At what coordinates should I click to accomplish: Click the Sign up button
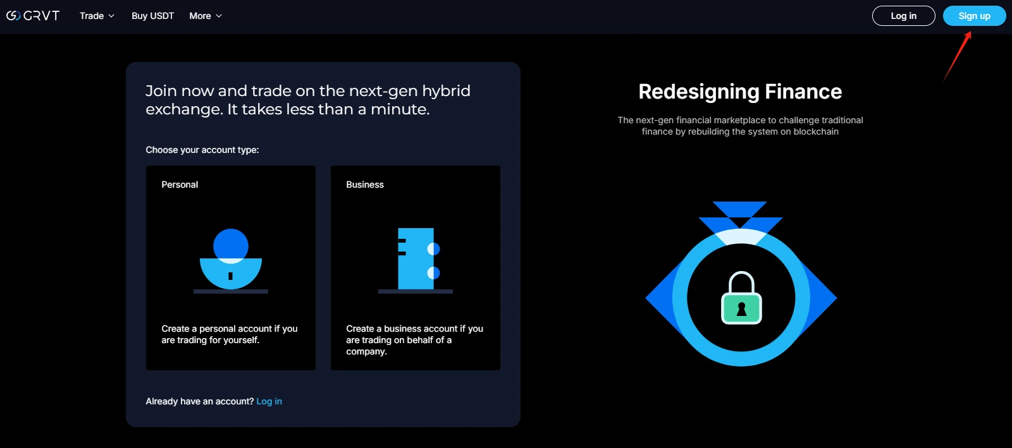(x=974, y=16)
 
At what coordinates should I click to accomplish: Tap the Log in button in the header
(x=904, y=16)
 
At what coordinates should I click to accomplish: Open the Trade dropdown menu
(x=97, y=16)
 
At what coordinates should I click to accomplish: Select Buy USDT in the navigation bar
(x=152, y=16)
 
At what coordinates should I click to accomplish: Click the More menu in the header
(x=206, y=16)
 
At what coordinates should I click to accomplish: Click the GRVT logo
(x=33, y=16)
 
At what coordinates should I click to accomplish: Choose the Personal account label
(x=180, y=185)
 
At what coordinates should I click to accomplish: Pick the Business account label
(x=365, y=185)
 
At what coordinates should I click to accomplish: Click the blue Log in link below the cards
(x=269, y=401)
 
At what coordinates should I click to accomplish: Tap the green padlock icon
(x=741, y=298)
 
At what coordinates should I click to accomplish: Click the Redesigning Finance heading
(x=740, y=92)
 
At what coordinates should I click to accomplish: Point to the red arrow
(x=957, y=56)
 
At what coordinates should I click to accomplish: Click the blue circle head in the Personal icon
(x=231, y=246)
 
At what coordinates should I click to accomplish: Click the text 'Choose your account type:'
(x=202, y=150)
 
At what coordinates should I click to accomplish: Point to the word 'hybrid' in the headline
(x=447, y=91)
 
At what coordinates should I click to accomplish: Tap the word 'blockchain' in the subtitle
(x=816, y=131)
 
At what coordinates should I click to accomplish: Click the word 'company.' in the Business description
(x=366, y=351)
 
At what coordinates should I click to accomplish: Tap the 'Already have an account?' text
(x=200, y=401)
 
